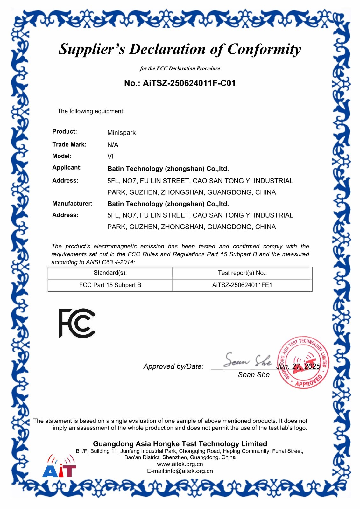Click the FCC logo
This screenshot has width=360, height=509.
pyautogui.click(x=77, y=323)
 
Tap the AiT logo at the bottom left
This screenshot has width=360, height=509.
pyautogui.click(x=60, y=467)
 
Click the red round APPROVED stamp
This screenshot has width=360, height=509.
pyautogui.click(x=303, y=363)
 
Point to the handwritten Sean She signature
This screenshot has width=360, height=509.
pyautogui.click(x=247, y=360)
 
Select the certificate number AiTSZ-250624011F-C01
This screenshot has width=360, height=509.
pyautogui.click(x=189, y=83)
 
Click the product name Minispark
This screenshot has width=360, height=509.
pyautogui.click(x=121, y=133)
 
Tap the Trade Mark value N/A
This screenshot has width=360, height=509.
pyautogui.click(x=113, y=145)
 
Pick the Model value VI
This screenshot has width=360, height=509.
pyautogui.click(x=110, y=157)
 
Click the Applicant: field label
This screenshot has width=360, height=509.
pyautogui.click(x=67, y=168)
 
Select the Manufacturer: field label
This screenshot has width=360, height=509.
pyautogui.click(x=72, y=204)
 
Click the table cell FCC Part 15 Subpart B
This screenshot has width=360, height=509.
pyautogui.click(x=110, y=285)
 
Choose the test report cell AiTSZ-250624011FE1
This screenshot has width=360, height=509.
pyautogui.click(x=242, y=285)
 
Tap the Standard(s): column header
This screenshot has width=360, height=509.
pyautogui.click(x=110, y=273)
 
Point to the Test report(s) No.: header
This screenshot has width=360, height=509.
pyautogui.click(x=242, y=273)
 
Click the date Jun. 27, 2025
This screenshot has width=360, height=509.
pyautogui.click(x=298, y=366)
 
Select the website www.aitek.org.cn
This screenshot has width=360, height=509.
pyautogui.click(x=180, y=464)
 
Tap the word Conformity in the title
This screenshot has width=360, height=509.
pyautogui.click(x=264, y=49)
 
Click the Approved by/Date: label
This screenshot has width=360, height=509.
pyautogui.click(x=173, y=366)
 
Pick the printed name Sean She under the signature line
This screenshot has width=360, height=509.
pyautogui.click(x=254, y=375)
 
